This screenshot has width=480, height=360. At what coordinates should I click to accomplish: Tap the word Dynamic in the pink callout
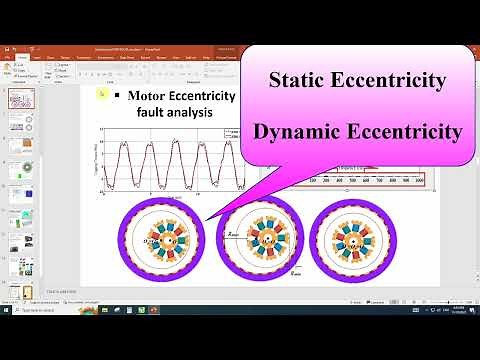[301, 131]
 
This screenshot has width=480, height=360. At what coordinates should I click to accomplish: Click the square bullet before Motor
[118, 96]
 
